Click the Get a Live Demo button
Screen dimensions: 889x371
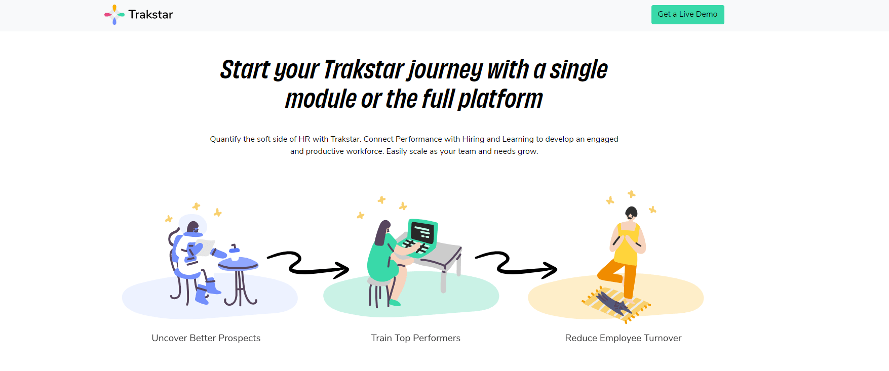click(687, 15)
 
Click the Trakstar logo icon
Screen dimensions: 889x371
click(114, 15)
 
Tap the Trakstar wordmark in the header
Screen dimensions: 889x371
click(150, 15)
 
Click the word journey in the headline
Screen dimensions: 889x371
click(445, 70)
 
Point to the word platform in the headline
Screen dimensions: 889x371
click(500, 99)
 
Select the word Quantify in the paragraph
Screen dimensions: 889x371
click(225, 139)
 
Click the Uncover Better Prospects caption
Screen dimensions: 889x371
click(206, 338)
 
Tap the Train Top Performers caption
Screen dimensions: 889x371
click(416, 338)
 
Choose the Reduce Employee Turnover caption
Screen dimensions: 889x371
click(623, 338)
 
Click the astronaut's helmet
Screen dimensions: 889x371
click(193, 225)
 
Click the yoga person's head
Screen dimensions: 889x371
click(631, 213)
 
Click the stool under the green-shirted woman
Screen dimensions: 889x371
click(379, 293)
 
